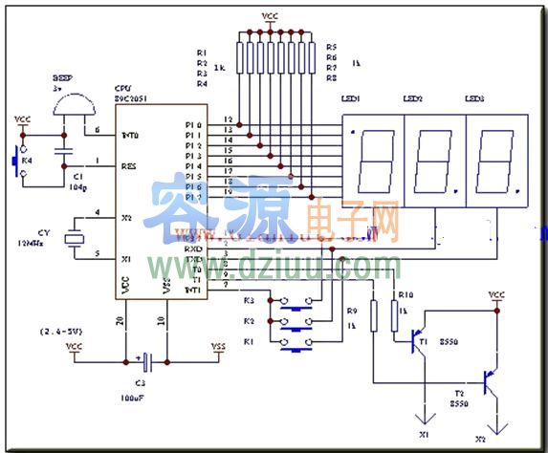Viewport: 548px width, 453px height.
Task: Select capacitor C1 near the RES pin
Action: (x=63, y=153)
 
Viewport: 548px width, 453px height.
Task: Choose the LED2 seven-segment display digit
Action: (x=435, y=160)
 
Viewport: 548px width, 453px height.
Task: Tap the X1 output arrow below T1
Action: (x=423, y=418)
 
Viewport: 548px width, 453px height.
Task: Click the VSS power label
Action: (x=221, y=347)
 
